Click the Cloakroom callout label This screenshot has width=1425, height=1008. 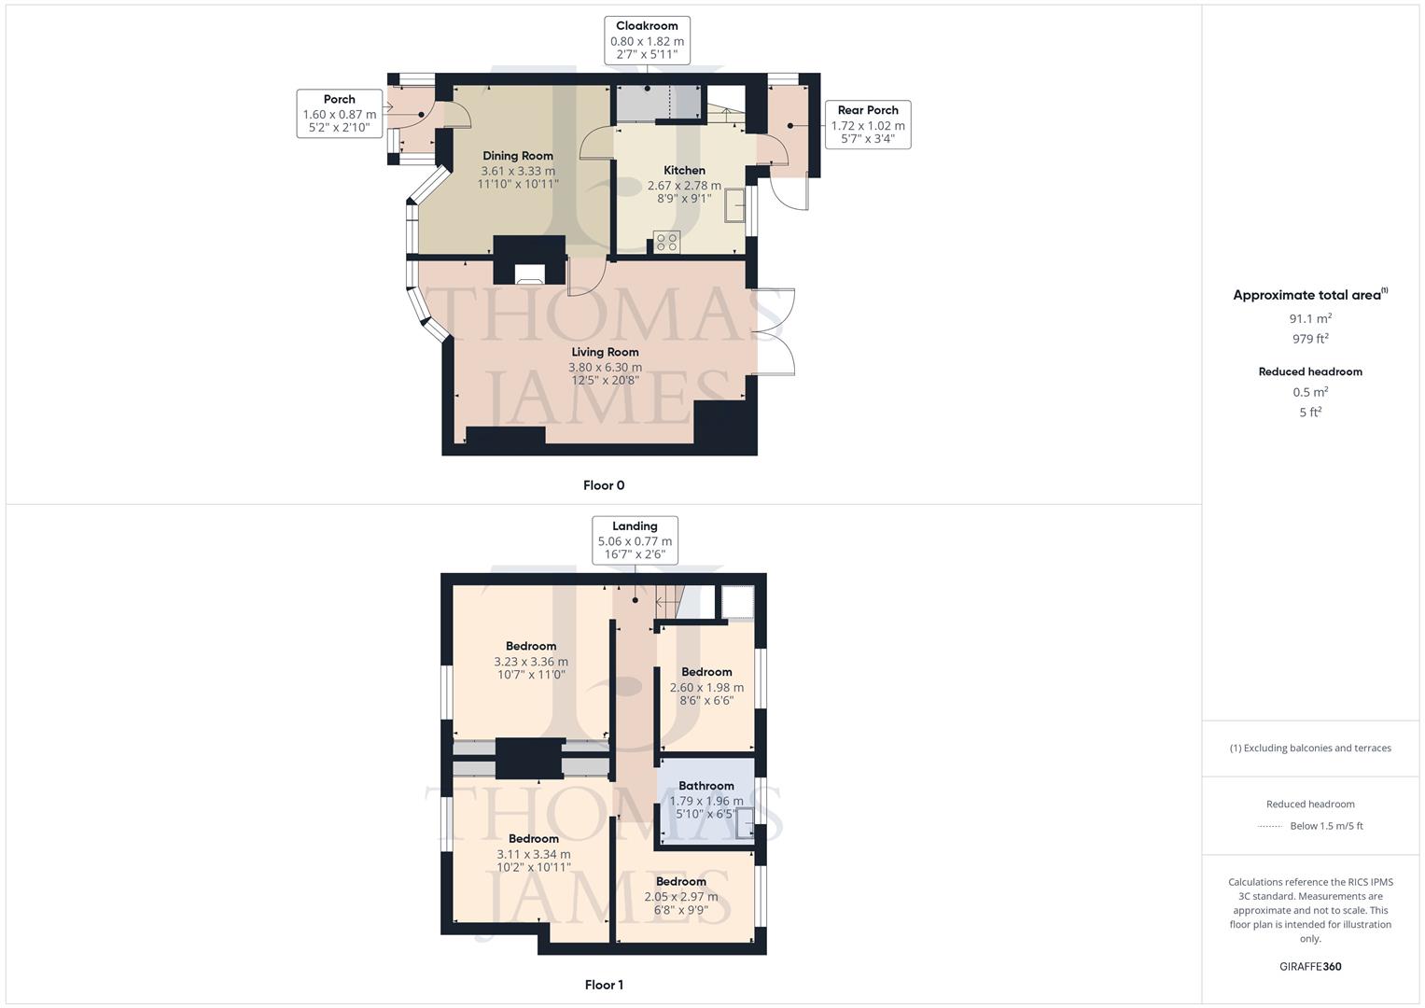(x=647, y=26)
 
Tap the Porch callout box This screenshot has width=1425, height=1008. (x=340, y=114)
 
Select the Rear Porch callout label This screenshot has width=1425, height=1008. (x=868, y=110)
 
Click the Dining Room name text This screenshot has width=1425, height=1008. (x=518, y=156)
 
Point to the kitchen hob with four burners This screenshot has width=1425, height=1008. (x=666, y=242)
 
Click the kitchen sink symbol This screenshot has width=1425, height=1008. (x=735, y=205)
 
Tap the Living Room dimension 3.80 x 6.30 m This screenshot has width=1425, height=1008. (x=605, y=367)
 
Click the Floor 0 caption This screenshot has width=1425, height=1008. (x=604, y=485)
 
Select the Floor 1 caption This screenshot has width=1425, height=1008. (x=604, y=985)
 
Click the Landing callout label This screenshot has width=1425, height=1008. (x=635, y=526)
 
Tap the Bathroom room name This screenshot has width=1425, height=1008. (x=706, y=786)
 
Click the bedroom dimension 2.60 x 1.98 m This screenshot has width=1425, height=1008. (x=706, y=687)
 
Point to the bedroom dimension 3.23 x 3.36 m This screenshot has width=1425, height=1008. (x=531, y=662)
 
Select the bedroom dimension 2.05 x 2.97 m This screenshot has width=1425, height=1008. (x=681, y=896)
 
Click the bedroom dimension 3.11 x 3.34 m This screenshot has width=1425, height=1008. (x=534, y=853)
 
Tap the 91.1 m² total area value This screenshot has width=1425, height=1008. (x=1310, y=318)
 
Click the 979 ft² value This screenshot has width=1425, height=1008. (x=1310, y=339)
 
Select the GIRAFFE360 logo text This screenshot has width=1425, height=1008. (x=1310, y=966)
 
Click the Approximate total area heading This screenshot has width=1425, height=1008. (x=1308, y=295)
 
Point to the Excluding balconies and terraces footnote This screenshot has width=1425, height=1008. (x=1310, y=748)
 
